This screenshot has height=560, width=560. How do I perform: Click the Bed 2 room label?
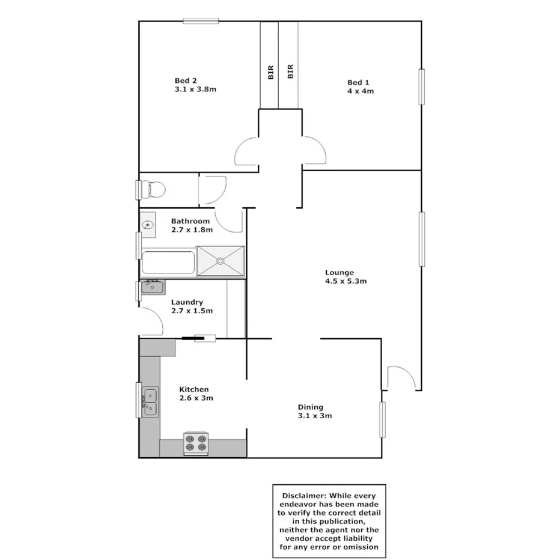pyautogui.click(x=186, y=81)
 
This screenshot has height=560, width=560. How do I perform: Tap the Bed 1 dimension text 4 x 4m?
pyautogui.click(x=361, y=91)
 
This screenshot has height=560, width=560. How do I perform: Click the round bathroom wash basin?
pyautogui.click(x=148, y=225)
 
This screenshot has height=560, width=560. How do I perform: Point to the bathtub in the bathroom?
pyautogui.click(x=168, y=263)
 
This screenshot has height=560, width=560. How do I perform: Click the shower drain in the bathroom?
pyautogui.click(x=221, y=261)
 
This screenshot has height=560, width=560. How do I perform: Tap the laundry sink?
pyautogui.click(x=153, y=288)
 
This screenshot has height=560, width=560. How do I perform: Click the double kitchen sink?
pyautogui.click(x=149, y=401)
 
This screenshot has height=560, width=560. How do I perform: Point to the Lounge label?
pyautogui.click(x=339, y=272)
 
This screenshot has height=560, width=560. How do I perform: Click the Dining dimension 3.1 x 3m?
pyautogui.click(x=315, y=416)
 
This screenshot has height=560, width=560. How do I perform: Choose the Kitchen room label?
pyautogui.click(x=194, y=389)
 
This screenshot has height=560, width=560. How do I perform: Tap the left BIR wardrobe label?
pyautogui.click(x=270, y=72)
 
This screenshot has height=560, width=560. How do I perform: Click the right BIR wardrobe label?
pyautogui.click(x=290, y=72)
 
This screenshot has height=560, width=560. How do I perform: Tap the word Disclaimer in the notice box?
pyautogui.click(x=303, y=496)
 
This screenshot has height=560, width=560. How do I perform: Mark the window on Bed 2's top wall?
pyautogui.click(x=201, y=22)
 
